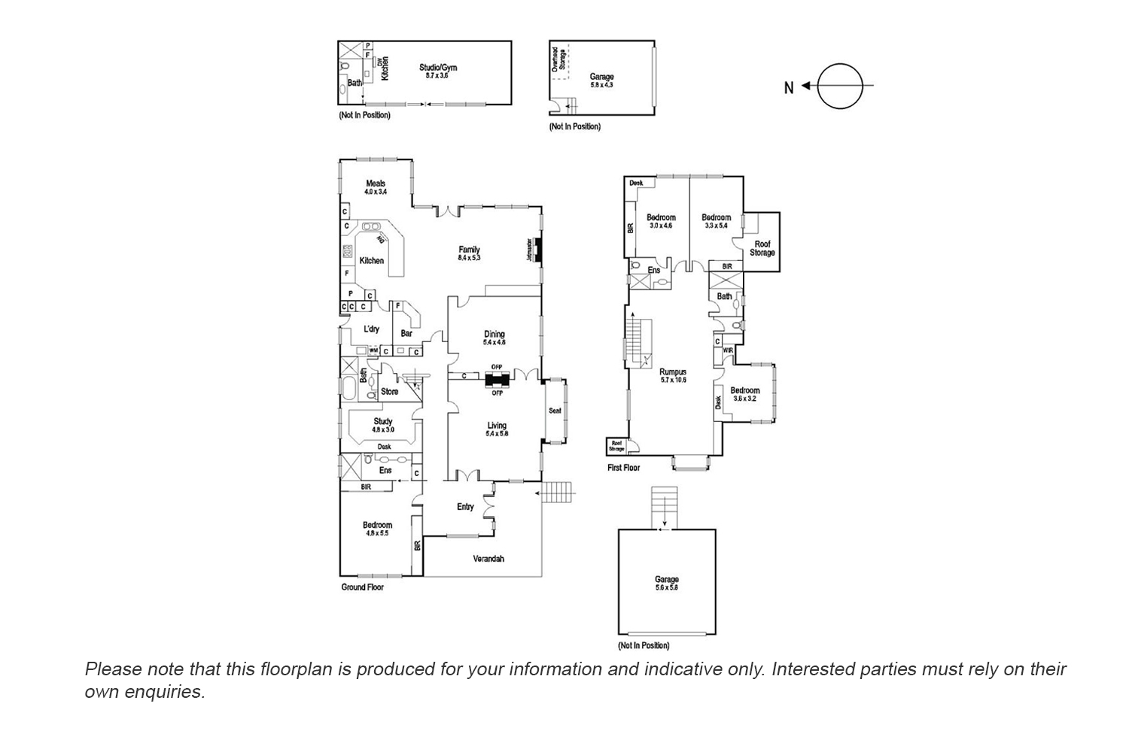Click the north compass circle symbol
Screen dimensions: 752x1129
(x=838, y=86)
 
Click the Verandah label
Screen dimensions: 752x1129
(x=488, y=559)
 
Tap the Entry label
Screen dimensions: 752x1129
(x=465, y=507)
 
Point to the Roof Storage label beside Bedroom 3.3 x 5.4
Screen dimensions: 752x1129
(x=762, y=248)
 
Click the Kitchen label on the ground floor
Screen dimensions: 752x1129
(x=371, y=260)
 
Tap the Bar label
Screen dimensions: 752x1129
(x=406, y=333)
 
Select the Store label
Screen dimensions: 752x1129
(x=389, y=392)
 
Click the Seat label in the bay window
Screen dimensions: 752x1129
(x=555, y=411)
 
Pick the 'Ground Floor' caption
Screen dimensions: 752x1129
(x=363, y=587)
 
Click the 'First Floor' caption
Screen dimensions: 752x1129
(x=623, y=468)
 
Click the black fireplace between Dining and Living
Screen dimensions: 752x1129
(x=497, y=379)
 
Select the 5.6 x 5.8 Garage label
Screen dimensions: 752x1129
(x=666, y=583)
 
